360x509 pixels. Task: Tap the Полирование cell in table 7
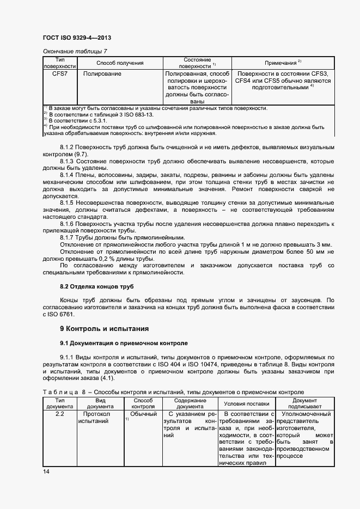coord(102,73)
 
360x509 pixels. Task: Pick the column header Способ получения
coord(120,63)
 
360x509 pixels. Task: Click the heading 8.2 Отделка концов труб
coord(96,286)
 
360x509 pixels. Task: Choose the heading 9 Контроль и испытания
coord(103,329)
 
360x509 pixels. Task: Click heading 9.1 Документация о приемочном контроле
coord(123,344)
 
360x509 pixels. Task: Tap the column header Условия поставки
coord(246,404)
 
